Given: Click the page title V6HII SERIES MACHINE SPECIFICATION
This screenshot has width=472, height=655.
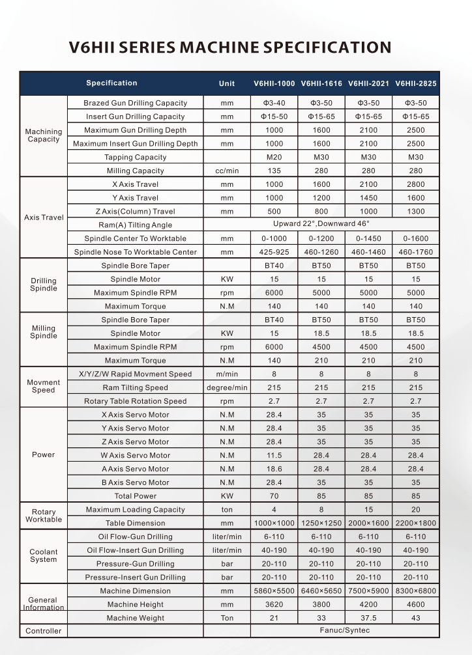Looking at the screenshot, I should [x=230, y=48].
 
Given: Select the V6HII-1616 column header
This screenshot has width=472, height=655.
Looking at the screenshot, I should [x=321, y=83].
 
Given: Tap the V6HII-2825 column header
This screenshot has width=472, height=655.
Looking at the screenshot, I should [x=416, y=83].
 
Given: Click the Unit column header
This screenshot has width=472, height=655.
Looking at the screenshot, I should [x=227, y=83].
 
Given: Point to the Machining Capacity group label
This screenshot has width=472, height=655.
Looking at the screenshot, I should [x=44, y=135].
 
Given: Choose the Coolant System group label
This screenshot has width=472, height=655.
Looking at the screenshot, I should [x=44, y=555].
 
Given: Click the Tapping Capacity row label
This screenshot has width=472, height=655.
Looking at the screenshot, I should [x=136, y=157].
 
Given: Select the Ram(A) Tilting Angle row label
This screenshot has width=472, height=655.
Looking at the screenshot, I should [x=136, y=225].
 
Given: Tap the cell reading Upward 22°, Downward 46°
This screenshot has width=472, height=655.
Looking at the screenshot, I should [x=321, y=225].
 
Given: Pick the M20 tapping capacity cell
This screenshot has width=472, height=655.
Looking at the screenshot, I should [x=274, y=157].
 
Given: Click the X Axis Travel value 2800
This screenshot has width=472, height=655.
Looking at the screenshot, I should [x=416, y=184].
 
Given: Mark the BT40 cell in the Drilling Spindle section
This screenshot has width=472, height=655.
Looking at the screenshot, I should [x=274, y=266].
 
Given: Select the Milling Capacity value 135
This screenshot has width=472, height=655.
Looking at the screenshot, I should [x=274, y=171].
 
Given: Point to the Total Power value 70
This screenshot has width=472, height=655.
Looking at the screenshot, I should [x=274, y=496].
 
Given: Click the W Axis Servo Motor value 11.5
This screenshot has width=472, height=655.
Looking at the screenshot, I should [x=274, y=455].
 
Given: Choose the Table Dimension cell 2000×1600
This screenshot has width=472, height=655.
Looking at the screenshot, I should [x=369, y=523].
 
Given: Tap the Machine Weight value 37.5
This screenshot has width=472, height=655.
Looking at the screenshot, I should [x=369, y=618].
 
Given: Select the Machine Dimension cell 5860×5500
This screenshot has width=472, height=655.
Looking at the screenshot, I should [x=274, y=591].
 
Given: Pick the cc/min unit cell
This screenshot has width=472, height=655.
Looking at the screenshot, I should [x=227, y=171].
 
